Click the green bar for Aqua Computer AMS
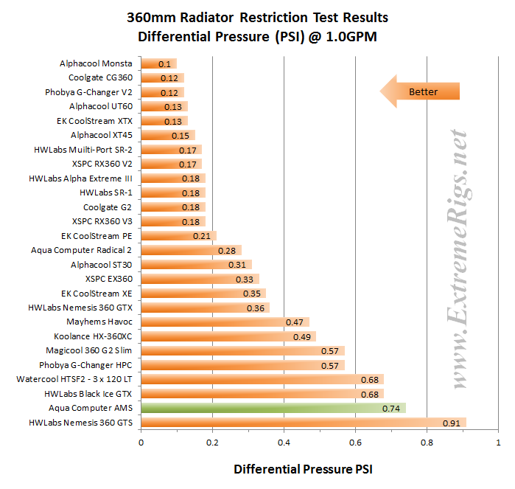tap(273, 408)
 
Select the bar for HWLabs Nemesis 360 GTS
tap(303, 423)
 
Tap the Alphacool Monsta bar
tap(158, 63)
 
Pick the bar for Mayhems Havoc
tap(224, 322)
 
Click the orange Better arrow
tap(419, 91)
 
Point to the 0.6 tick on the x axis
tap(355, 443)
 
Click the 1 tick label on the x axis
tap(498, 443)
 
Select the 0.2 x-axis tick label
tap(212, 443)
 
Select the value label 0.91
tap(452, 423)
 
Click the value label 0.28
tap(227, 251)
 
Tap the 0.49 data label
tap(302, 336)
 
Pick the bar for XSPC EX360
tap(200, 279)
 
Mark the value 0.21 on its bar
tap(202, 236)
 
